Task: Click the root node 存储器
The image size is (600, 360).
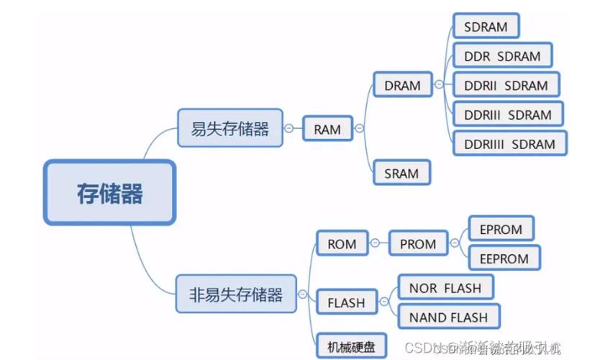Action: coord(109,193)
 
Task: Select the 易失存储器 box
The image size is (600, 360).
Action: coord(229,129)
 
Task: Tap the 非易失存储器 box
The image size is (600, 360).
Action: coord(236,294)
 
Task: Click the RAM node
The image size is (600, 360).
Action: coord(327,130)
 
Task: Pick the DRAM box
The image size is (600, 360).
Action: coord(402,85)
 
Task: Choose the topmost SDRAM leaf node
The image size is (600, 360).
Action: coord(486,27)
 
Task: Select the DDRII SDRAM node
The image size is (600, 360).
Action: coord(506,85)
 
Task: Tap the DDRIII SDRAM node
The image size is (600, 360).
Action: coord(508,114)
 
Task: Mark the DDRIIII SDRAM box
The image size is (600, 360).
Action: coord(509,144)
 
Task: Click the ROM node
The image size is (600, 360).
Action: coord(342,243)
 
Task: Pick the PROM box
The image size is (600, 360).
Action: coord(418,243)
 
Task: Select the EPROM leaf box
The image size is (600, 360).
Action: coord(501,229)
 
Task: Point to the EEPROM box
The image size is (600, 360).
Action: coord(504,258)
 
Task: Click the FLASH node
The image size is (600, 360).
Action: coord(346,302)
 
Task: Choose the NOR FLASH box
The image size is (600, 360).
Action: coord(445,288)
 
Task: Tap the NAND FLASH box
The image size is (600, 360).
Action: coord(448,317)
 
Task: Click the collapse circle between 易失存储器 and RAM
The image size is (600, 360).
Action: coord(289,130)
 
